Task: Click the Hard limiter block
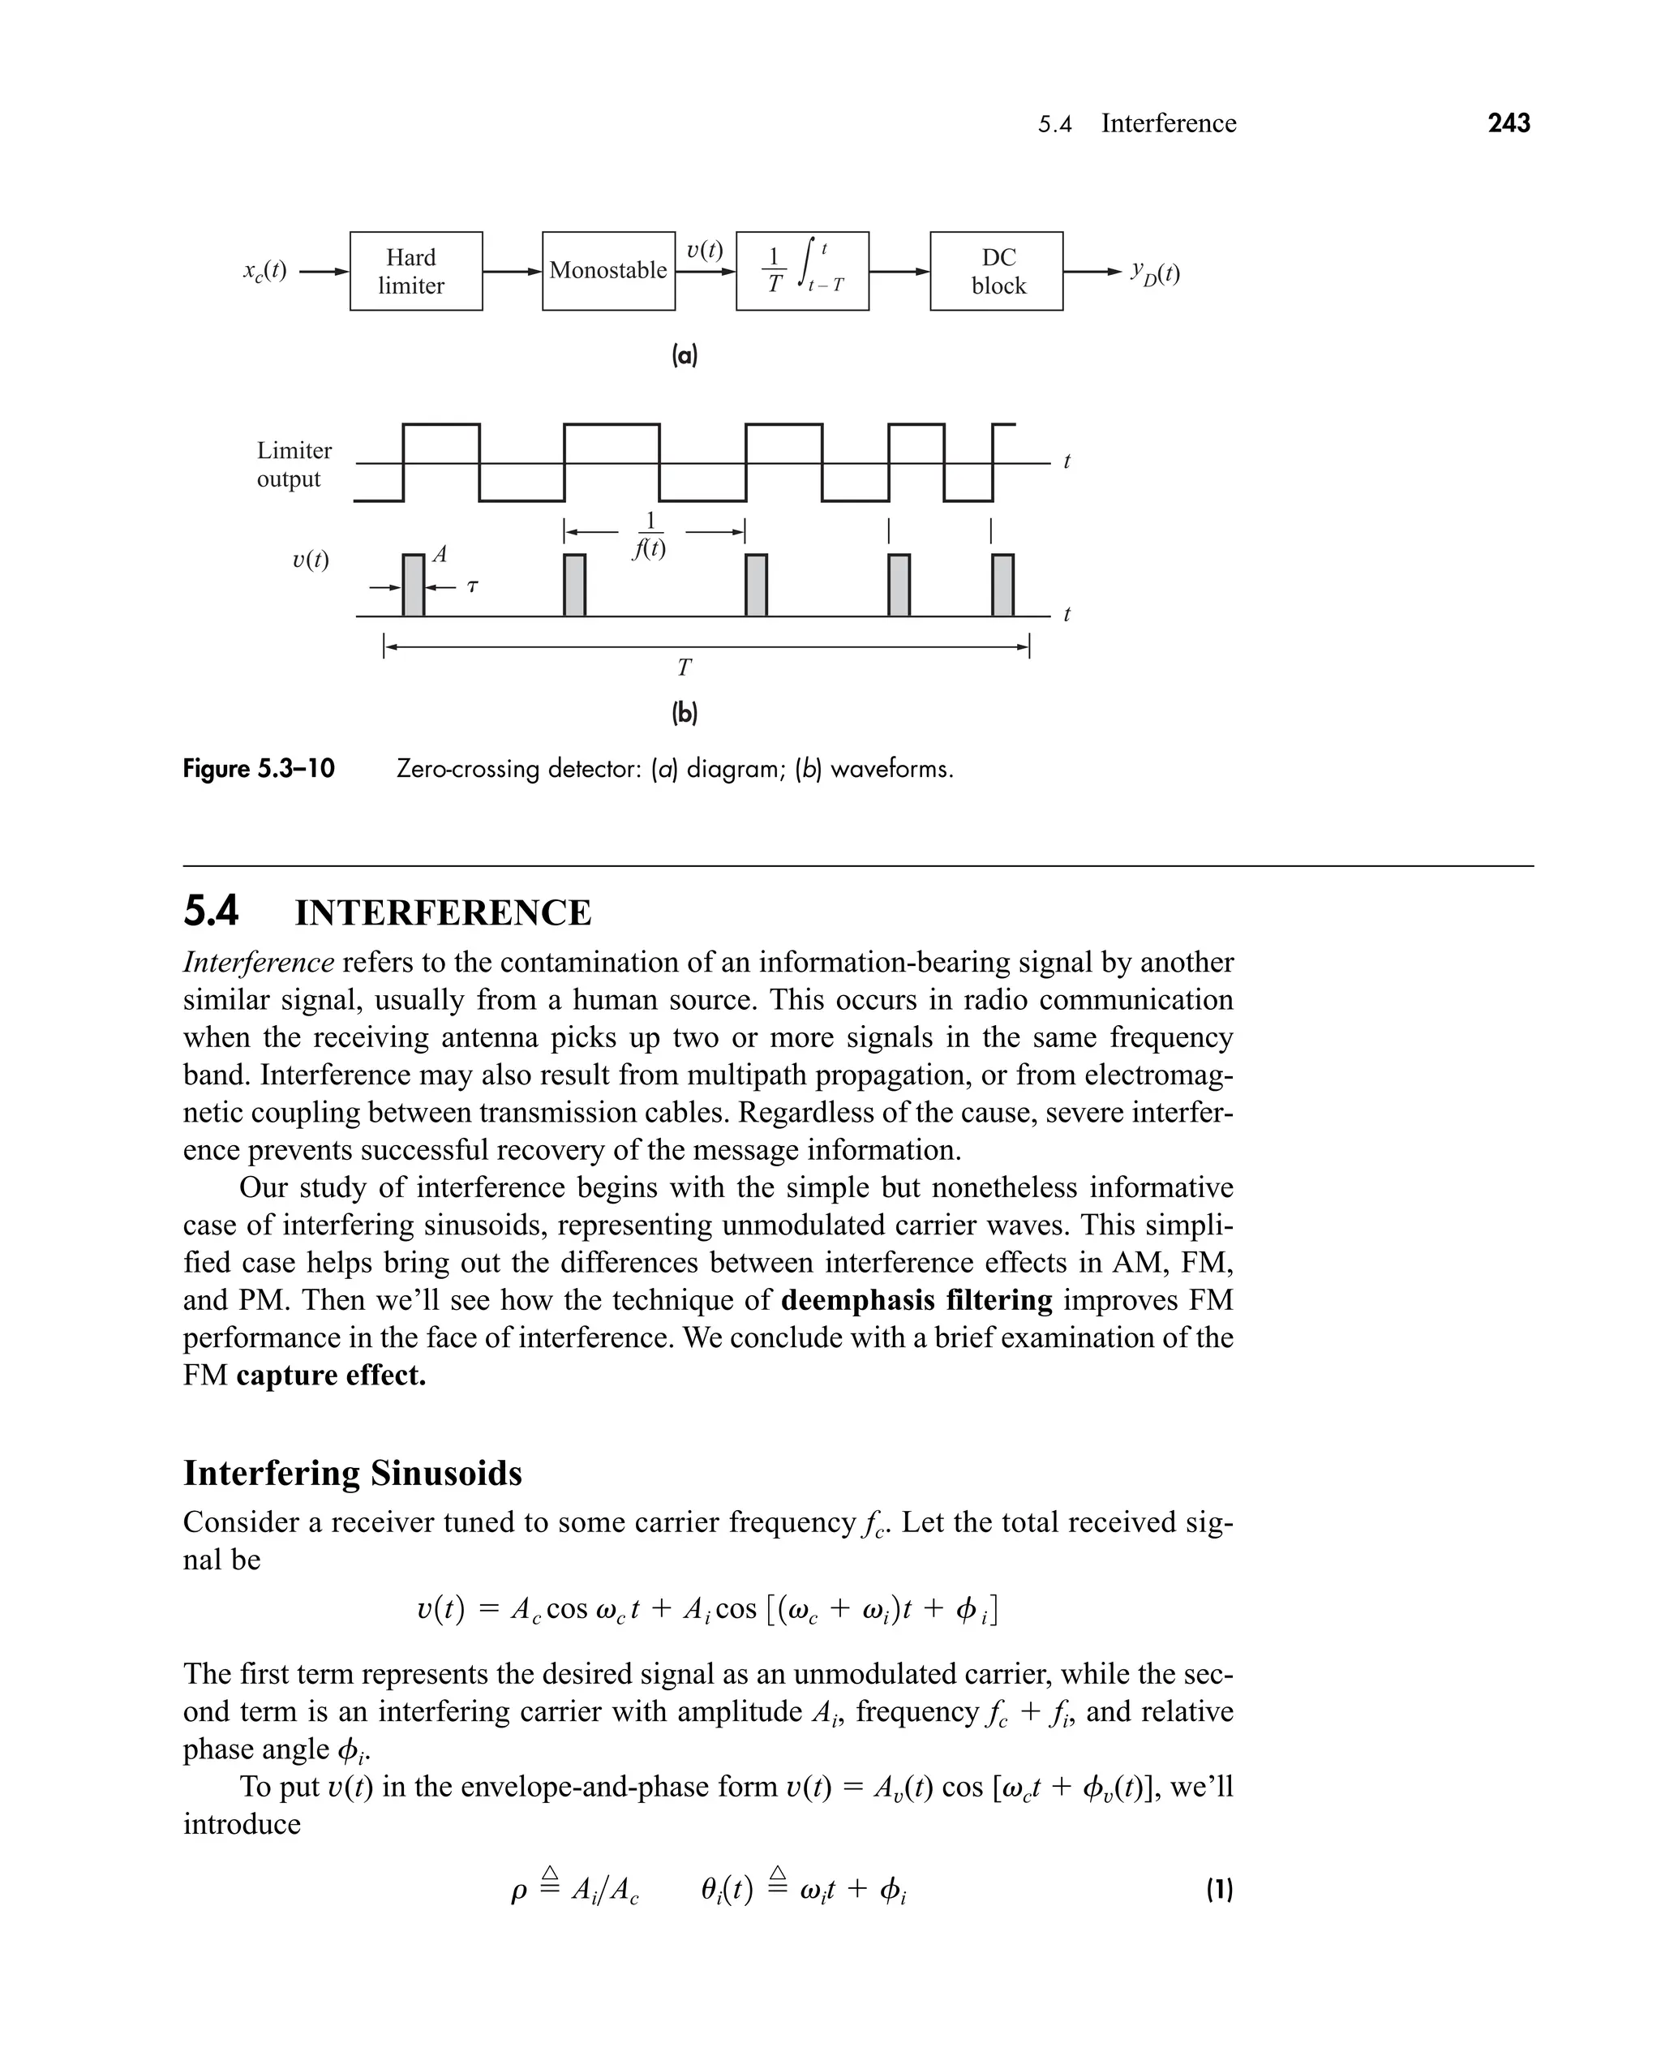point(415,271)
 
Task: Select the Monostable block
point(607,271)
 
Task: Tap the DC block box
point(996,271)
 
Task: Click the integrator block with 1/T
point(802,271)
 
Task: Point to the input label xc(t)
point(264,271)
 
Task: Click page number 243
point(1508,122)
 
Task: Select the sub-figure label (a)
point(685,356)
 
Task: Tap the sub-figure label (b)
point(685,713)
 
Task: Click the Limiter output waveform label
point(294,464)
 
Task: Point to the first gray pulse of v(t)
point(412,585)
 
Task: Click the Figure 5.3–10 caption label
point(260,769)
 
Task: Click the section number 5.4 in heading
point(211,911)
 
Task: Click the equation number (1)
point(1219,1890)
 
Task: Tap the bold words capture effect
point(331,1375)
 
